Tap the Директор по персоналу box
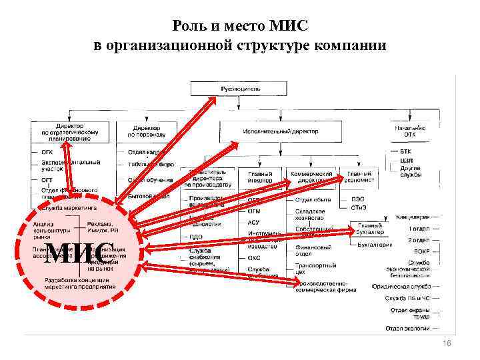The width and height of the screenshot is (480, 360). click(x=146, y=131)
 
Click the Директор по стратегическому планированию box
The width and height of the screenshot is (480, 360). click(x=69, y=131)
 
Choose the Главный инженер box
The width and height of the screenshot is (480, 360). click(x=259, y=176)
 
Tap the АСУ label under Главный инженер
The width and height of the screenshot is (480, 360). click(x=253, y=222)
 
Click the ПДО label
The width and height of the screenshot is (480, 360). click(x=196, y=237)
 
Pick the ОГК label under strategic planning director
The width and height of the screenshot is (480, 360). click(x=47, y=152)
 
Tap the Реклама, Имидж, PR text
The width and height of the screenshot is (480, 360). click(x=99, y=228)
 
